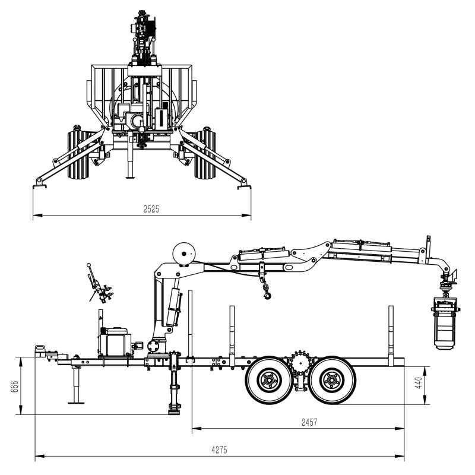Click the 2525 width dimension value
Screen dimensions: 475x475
151,209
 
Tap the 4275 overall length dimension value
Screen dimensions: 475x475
219,450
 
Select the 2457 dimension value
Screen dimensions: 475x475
309,422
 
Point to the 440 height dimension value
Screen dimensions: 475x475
419,383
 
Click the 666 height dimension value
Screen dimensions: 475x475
14,387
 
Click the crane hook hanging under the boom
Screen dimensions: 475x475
267,292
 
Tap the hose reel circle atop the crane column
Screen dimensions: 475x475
184,254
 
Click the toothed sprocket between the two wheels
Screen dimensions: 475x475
300,361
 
